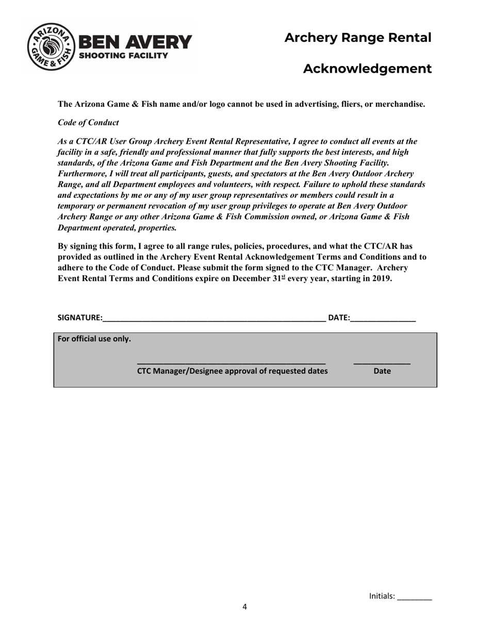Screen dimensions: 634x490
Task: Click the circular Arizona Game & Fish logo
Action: pyautogui.click(x=51, y=47)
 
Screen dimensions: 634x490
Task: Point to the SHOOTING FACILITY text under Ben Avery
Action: pyautogui.click(x=123, y=56)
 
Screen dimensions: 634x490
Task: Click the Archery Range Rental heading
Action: pyautogui.click(x=357, y=38)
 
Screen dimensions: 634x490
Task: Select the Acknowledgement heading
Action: pyautogui.click(x=367, y=69)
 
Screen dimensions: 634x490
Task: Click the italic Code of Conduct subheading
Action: pyautogui.click(x=88, y=123)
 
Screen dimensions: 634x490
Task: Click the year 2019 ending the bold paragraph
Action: pyautogui.click(x=382, y=278)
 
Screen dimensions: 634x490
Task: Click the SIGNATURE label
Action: pyautogui.click(x=79, y=318)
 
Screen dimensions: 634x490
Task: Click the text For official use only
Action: pyautogui.click(x=94, y=339)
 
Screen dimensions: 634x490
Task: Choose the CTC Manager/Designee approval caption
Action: pyautogui.click(x=232, y=371)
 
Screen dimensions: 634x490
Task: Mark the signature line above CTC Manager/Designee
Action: pyautogui.click(x=231, y=364)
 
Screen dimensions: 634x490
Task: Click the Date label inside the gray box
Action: pyautogui.click(x=382, y=371)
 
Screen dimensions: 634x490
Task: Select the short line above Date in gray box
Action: pyautogui.click(x=382, y=364)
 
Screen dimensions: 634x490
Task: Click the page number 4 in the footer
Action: pyautogui.click(x=244, y=607)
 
